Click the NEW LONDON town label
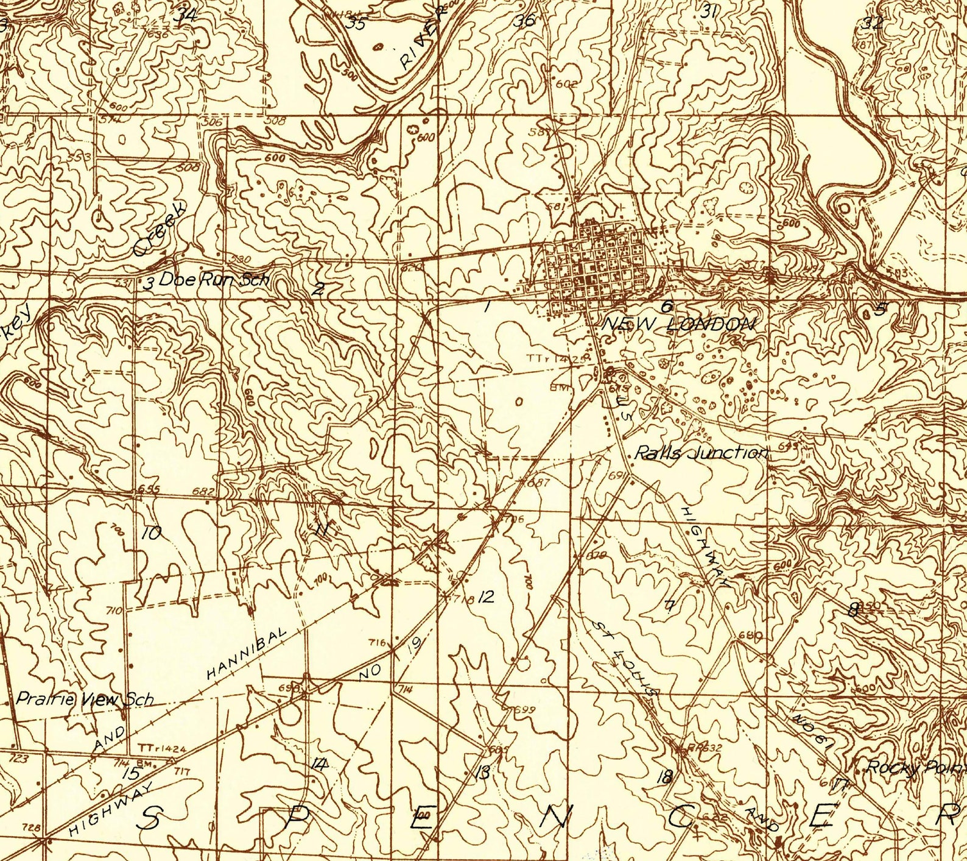(x=678, y=325)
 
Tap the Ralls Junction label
(x=701, y=453)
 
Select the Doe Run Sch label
(x=214, y=280)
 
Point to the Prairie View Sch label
(x=84, y=699)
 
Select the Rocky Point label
(x=913, y=767)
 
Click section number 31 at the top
(x=708, y=10)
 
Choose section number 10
(x=151, y=534)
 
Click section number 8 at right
(x=854, y=609)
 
